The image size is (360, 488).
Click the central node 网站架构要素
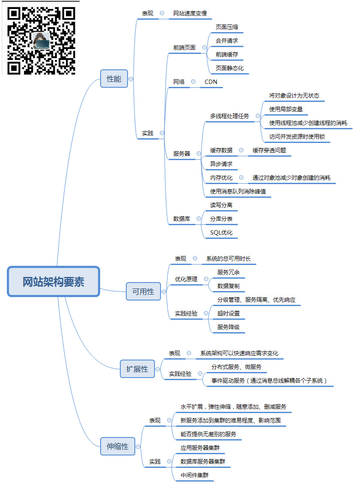point(54,282)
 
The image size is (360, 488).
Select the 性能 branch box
point(114,79)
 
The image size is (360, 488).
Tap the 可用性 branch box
point(143,292)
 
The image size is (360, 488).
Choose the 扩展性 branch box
point(137,369)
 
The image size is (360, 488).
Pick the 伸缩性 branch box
point(117,446)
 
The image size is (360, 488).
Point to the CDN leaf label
point(211,82)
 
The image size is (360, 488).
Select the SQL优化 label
point(221,232)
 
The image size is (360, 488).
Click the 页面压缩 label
point(227,27)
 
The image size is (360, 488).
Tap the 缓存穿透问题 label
point(269,150)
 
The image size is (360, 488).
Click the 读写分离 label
point(221,205)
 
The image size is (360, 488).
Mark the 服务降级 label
point(229,327)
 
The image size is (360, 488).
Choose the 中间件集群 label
point(195,475)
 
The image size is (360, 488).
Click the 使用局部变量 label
point(286,109)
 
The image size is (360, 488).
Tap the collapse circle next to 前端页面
point(204,48)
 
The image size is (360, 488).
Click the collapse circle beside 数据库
point(199,219)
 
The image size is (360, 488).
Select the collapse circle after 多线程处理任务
point(258,116)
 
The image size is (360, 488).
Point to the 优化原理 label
point(186,279)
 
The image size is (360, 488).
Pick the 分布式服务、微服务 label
point(236,367)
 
